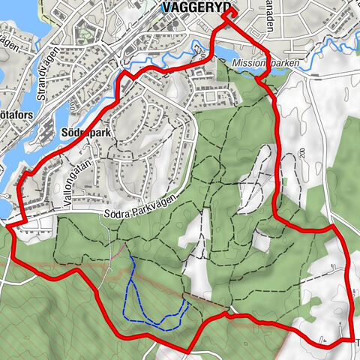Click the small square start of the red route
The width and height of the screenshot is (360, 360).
tap(228, 13)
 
